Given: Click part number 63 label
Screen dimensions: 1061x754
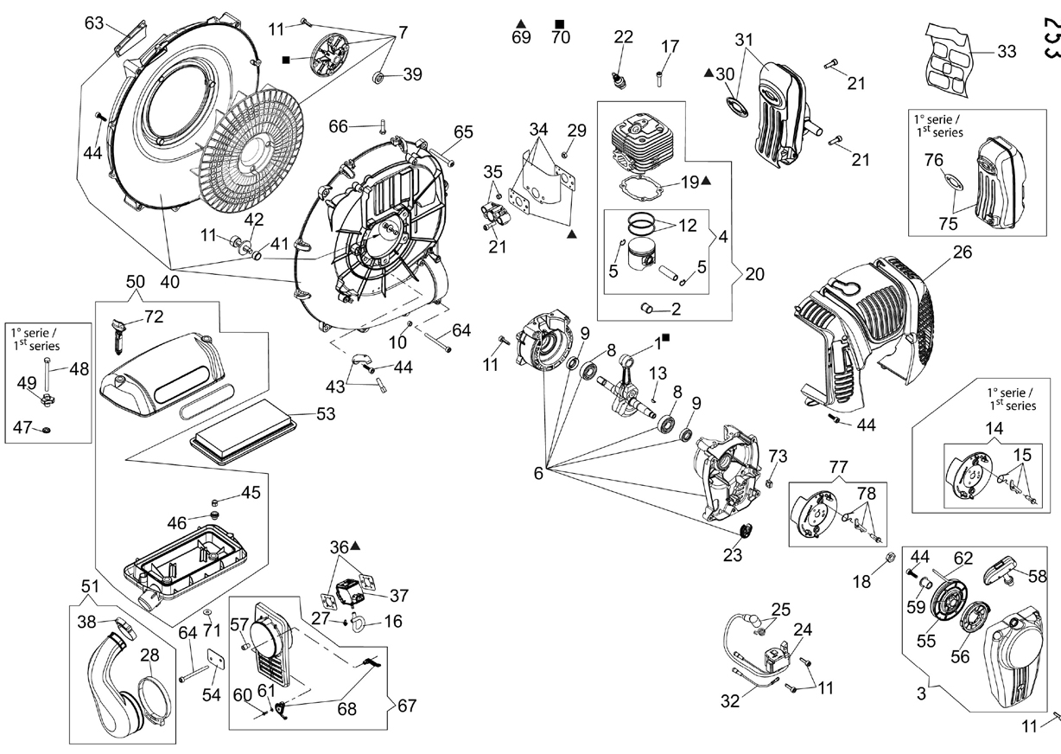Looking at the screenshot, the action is coord(94,22).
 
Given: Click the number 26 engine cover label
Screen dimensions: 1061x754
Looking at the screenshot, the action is coord(963,252).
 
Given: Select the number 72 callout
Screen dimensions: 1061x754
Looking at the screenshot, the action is coord(154,316).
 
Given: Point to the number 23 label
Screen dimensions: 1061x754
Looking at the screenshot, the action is coord(733,555).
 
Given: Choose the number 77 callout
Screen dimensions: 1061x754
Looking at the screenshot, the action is coord(838,467).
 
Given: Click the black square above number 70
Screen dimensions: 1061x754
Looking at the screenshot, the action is coord(560,23).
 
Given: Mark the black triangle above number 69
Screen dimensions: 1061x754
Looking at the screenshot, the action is coord(521,23).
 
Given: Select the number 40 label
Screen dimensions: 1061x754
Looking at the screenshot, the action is coord(169,282).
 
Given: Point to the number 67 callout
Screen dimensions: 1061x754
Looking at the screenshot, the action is coord(407,706).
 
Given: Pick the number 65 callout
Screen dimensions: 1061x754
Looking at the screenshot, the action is coord(463,131).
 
